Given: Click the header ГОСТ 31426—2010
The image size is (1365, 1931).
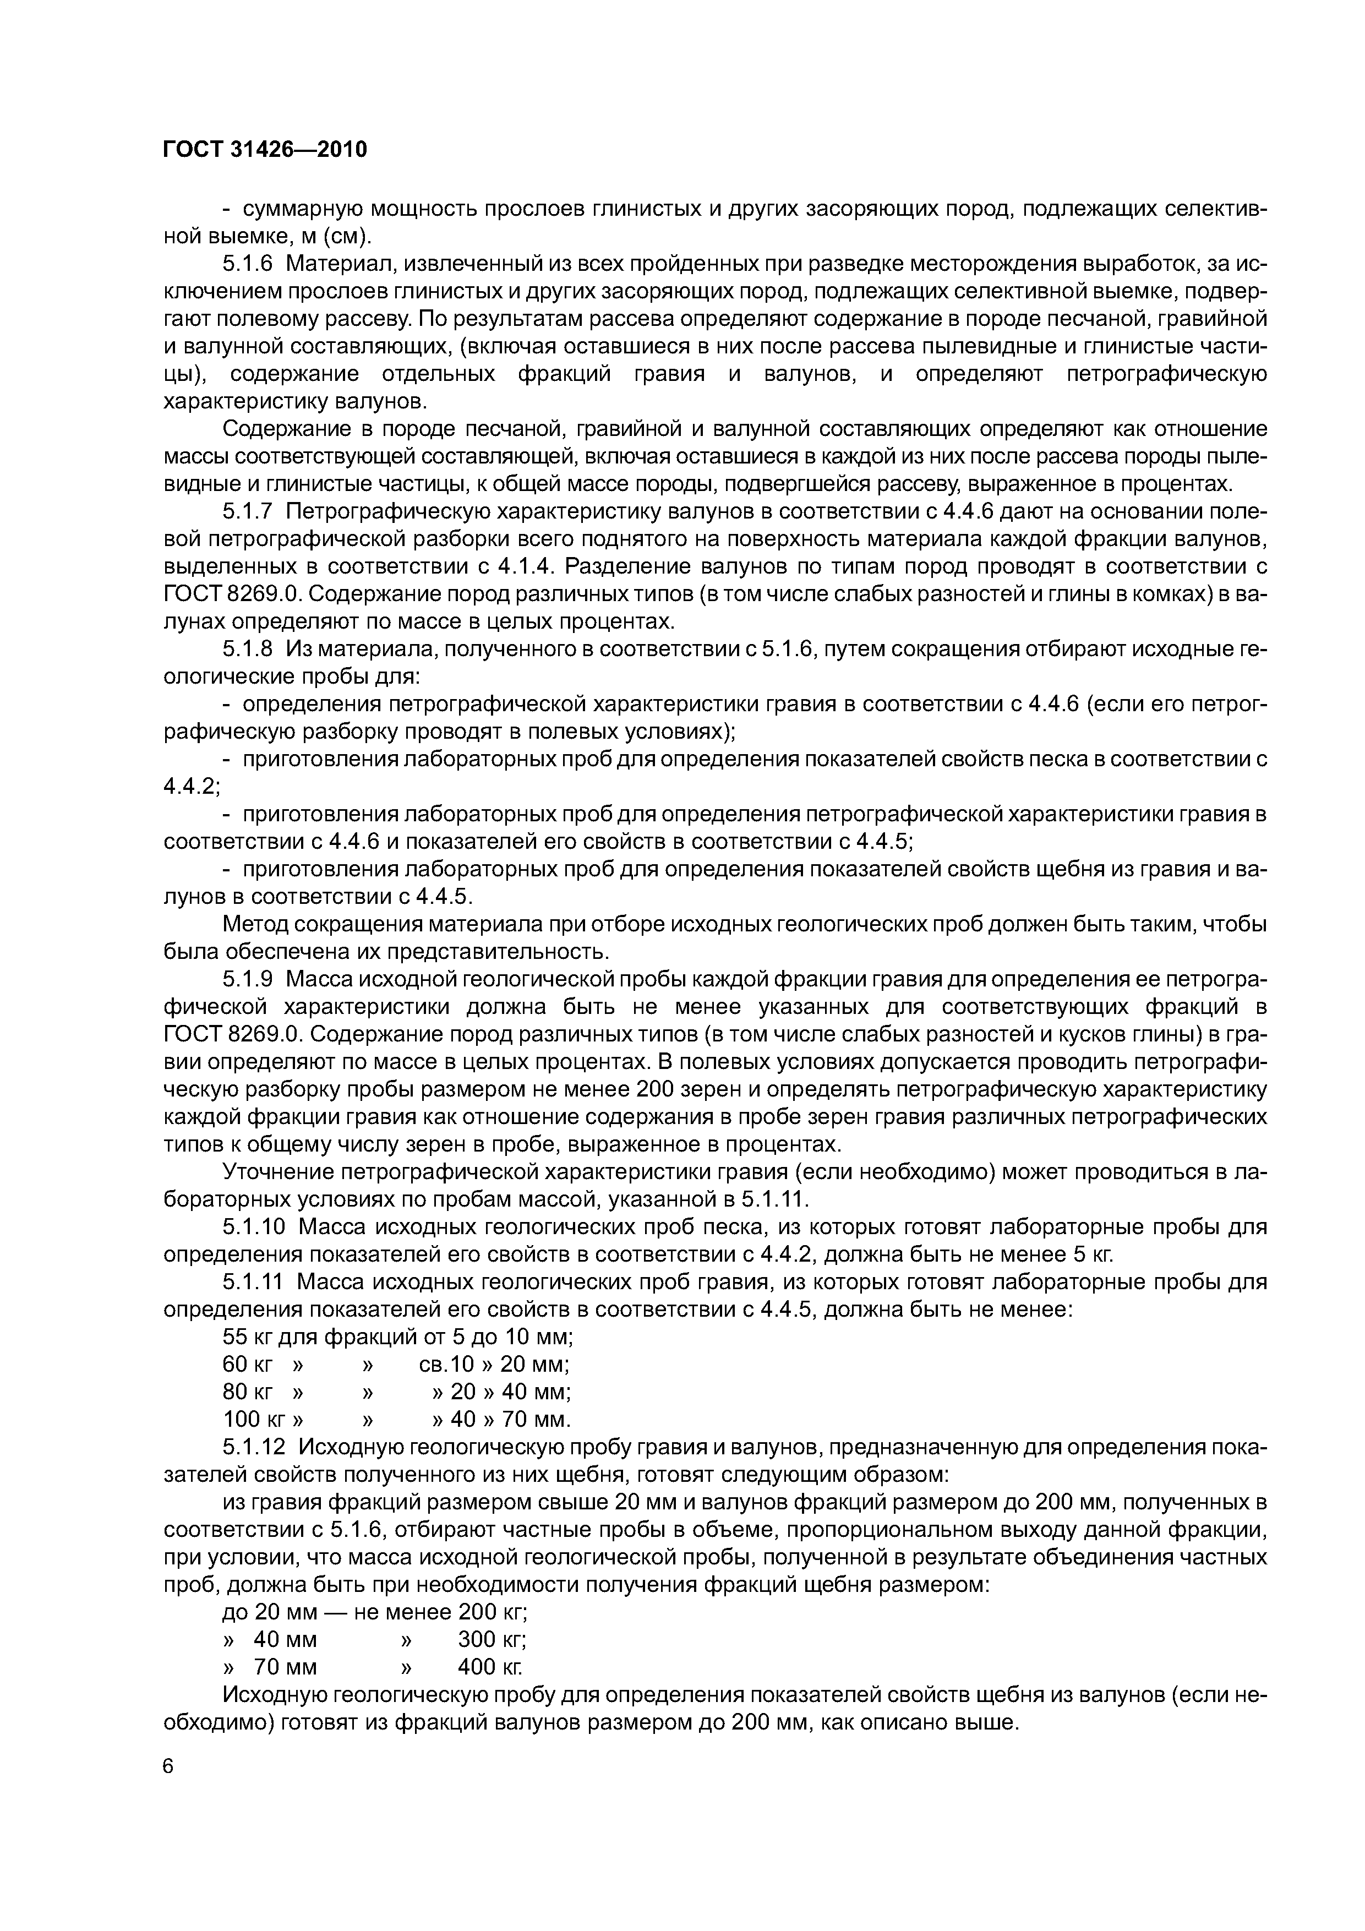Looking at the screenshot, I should click(265, 150).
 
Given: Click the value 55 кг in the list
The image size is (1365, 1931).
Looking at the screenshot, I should click(250, 1337).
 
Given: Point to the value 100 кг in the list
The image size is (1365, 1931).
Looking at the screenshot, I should click(256, 1420).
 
